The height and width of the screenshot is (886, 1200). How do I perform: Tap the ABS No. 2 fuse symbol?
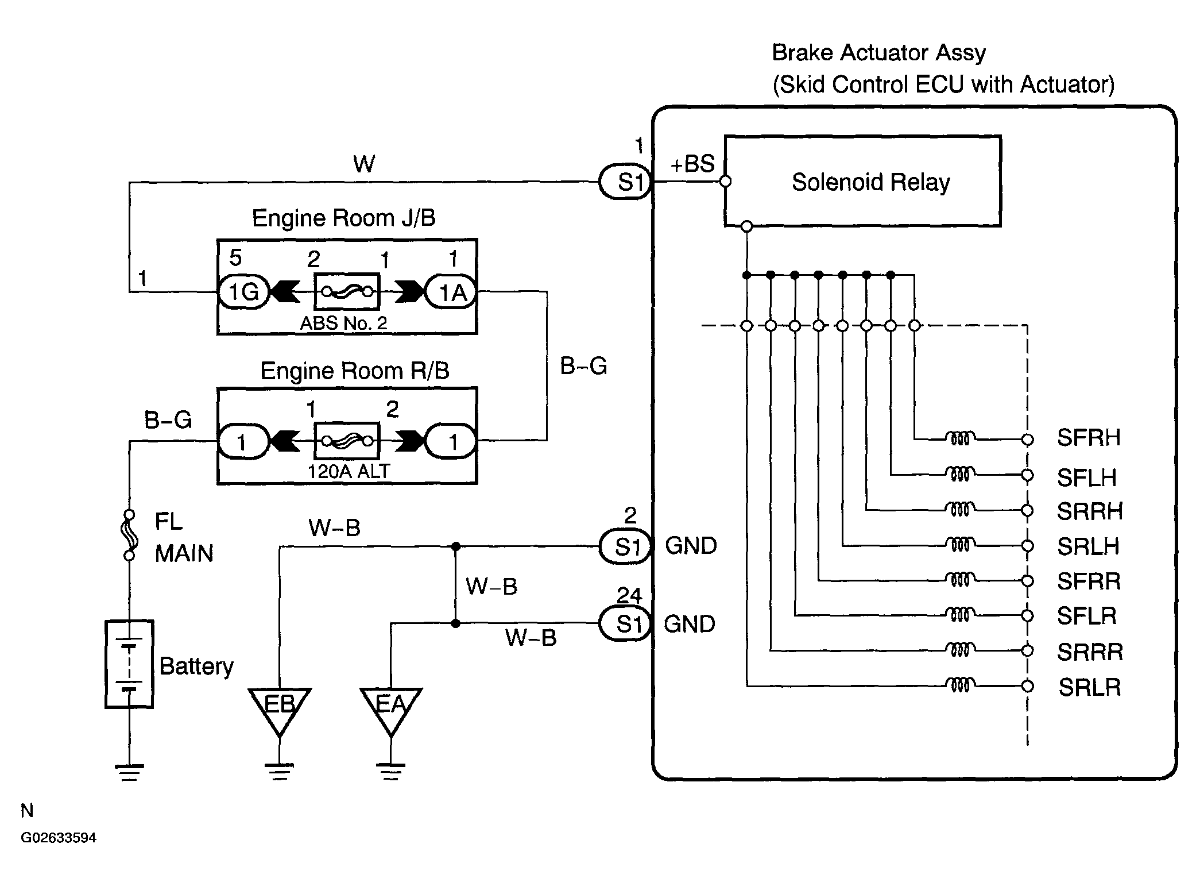(347, 291)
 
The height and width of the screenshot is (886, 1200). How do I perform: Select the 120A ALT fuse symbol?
(347, 441)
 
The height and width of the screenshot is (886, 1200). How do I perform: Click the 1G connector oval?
(243, 292)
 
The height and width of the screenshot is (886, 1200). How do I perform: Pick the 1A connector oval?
(451, 292)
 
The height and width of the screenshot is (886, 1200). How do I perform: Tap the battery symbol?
(129, 664)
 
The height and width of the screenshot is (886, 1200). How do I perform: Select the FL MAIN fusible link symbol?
(130, 535)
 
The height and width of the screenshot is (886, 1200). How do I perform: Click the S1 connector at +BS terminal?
(626, 182)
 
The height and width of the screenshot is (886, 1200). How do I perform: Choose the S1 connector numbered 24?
(626, 623)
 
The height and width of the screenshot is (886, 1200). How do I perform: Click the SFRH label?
(1089, 438)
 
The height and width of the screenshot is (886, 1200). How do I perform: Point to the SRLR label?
(1090, 687)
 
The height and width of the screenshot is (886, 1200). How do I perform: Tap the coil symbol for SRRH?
(959, 510)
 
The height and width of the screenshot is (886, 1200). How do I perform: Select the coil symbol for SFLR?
(959, 615)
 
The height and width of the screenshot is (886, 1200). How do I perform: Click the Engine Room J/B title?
(344, 218)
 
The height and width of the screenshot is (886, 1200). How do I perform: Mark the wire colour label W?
(364, 164)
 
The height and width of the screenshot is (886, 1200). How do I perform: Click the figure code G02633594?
(59, 838)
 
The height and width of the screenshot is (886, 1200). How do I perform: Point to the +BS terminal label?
(692, 164)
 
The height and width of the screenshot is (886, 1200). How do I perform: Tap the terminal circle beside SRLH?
(1028, 545)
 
